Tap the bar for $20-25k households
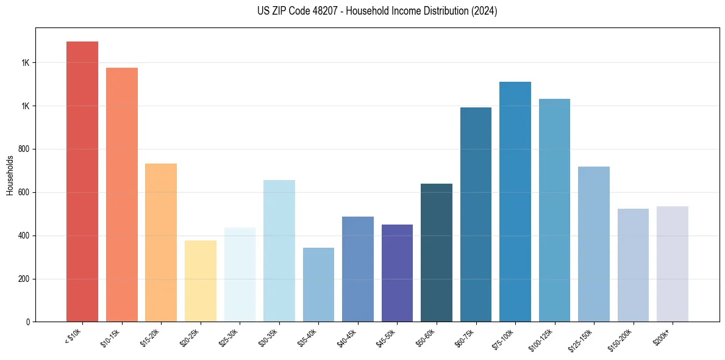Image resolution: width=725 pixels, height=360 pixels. (200, 281)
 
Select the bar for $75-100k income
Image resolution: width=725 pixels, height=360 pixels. (515, 201)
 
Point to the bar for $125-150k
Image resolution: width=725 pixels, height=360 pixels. (593, 244)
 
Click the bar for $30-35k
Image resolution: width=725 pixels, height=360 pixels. (279, 250)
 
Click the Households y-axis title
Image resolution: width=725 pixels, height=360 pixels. (10, 175)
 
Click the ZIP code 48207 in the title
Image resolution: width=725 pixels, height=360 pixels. (320, 11)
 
